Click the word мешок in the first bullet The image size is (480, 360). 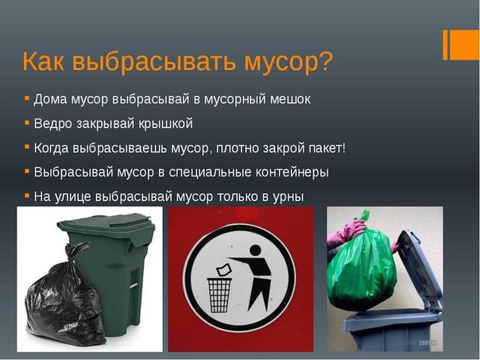(x=290, y=99)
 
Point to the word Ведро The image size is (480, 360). (x=52, y=124)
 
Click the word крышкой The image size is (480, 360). (x=166, y=124)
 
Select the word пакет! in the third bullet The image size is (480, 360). (x=327, y=148)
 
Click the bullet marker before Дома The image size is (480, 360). (x=27, y=99)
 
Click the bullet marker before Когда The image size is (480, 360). (x=27, y=147)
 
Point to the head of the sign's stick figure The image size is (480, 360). (x=255, y=250)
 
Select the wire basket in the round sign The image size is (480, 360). (x=219, y=295)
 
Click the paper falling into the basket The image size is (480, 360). (x=223, y=270)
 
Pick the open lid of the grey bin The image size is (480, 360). (x=420, y=269)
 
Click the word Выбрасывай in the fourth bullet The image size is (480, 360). (x=74, y=172)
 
